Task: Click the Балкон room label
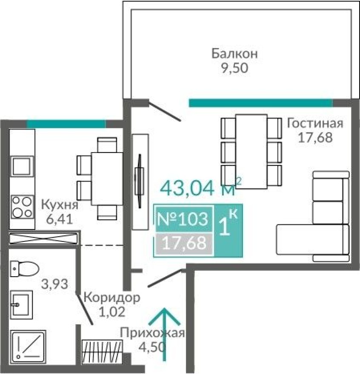pos(235,54)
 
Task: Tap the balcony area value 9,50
pos(234,68)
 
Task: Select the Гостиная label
pos(315,123)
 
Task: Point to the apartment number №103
pos(183,219)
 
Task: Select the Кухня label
pos(59,205)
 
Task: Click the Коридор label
pos(111,297)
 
